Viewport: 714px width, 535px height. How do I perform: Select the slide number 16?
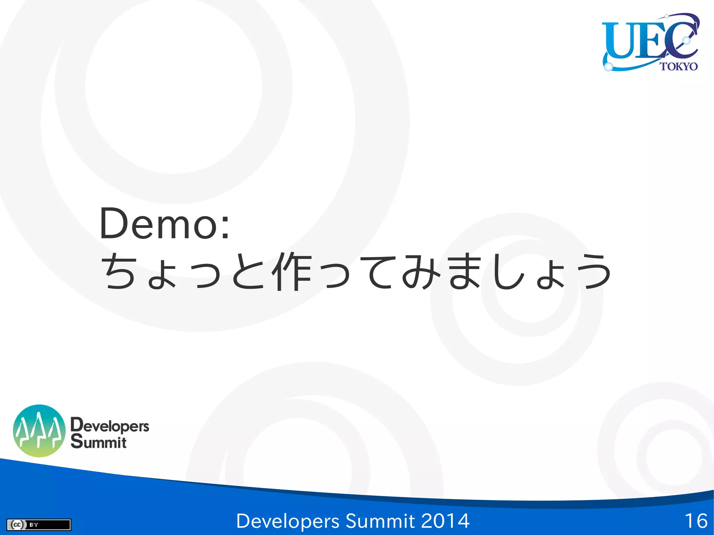point(696,521)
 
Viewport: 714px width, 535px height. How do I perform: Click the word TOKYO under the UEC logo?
point(678,66)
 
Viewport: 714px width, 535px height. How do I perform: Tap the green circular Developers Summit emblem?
point(39,431)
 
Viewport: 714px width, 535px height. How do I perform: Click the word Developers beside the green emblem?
point(110,426)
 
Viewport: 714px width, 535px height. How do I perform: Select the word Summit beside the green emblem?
point(99,442)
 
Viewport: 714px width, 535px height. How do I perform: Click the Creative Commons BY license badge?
point(39,525)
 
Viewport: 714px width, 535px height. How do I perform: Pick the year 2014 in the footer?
point(445,521)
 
